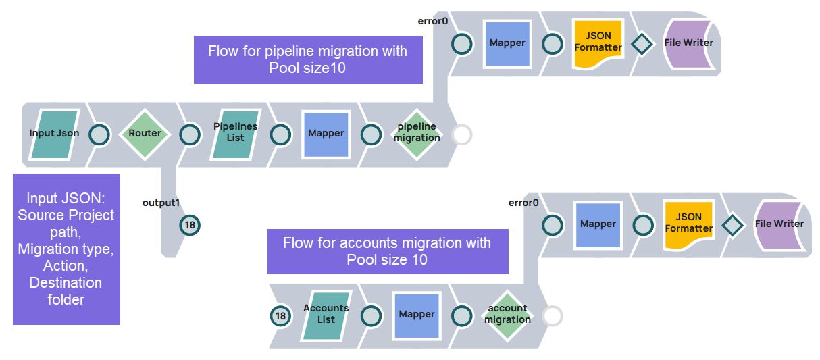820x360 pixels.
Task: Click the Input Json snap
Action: (x=54, y=134)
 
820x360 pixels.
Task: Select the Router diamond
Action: (x=145, y=134)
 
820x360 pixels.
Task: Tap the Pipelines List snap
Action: (x=235, y=134)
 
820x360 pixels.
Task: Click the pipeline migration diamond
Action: (x=417, y=134)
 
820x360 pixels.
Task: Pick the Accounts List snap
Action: (x=326, y=315)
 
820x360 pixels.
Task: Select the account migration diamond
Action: (x=507, y=315)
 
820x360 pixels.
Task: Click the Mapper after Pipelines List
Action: (x=326, y=134)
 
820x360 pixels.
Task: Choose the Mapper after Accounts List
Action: (x=417, y=315)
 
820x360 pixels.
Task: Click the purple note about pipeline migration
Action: (x=308, y=60)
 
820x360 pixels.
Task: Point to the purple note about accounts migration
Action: (x=387, y=251)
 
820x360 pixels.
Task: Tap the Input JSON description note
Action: (x=66, y=249)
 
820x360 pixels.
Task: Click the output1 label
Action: (x=159, y=202)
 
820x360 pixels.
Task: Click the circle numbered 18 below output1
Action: (x=190, y=225)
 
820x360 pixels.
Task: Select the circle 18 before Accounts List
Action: (x=280, y=315)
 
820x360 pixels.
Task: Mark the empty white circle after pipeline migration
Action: (x=462, y=134)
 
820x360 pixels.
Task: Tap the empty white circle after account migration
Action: (x=553, y=315)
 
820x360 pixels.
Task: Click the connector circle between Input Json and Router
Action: (x=99, y=134)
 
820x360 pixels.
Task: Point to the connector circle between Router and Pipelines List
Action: (x=190, y=134)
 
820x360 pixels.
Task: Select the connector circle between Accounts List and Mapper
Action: (x=371, y=315)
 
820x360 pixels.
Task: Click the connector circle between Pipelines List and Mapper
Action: (x=280, y=134)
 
